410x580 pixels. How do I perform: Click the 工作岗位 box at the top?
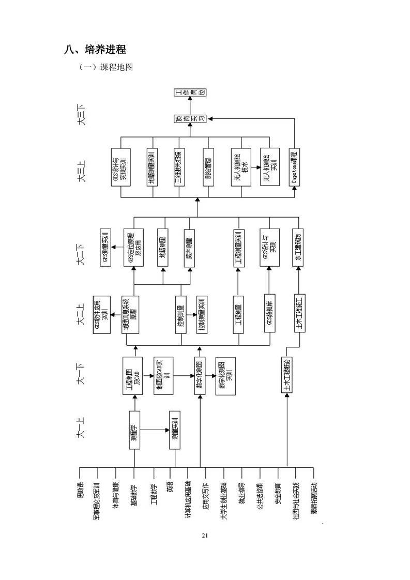tap(190, 93)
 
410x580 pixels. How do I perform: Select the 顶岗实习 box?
tap(190, 118)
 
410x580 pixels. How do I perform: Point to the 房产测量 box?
tap(190, 248)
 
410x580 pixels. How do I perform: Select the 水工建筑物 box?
tap(297, 248)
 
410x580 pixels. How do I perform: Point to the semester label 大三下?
tap(81, 115)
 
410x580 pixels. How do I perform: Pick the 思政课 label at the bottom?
tap(80, 492)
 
